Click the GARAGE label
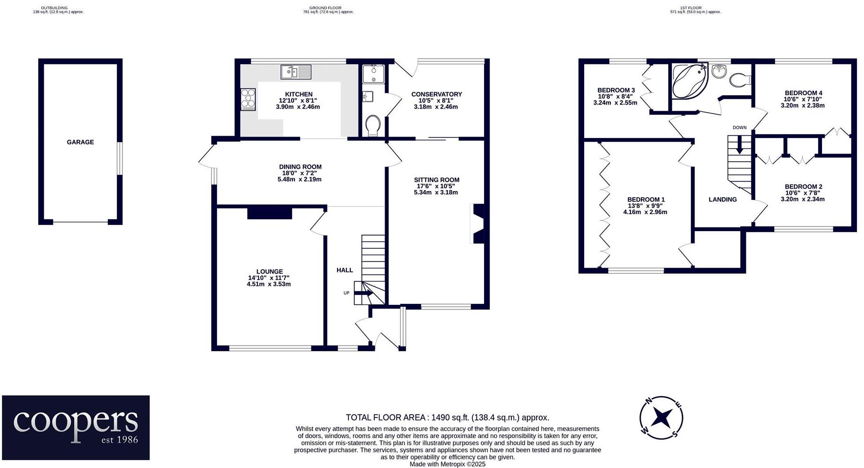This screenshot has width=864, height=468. coord(80,142)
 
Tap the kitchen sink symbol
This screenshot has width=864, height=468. coord(296,72)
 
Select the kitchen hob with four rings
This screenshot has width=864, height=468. coord(248,100)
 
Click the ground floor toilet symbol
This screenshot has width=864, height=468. coord(373,126)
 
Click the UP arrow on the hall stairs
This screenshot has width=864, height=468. coord(363,293)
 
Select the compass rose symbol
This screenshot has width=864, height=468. coord(661,418)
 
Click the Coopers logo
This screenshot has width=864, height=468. coord(76,427)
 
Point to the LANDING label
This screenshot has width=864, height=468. coord(722,199)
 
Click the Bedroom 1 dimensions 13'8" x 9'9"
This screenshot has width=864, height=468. coord(645,206)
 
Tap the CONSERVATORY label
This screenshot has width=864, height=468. coord(436,94)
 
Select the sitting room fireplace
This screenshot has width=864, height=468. coord(477,224)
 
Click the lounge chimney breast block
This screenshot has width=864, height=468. coord(269,213)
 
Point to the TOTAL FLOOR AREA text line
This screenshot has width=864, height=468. coord(447,417)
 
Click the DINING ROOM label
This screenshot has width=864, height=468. coord(300,167)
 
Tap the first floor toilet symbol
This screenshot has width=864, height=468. coord(739,80)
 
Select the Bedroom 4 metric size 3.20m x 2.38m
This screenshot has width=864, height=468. coord(803,105)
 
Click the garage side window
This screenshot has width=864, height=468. coord(120,158)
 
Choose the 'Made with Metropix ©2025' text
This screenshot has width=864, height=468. coord(447,464)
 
